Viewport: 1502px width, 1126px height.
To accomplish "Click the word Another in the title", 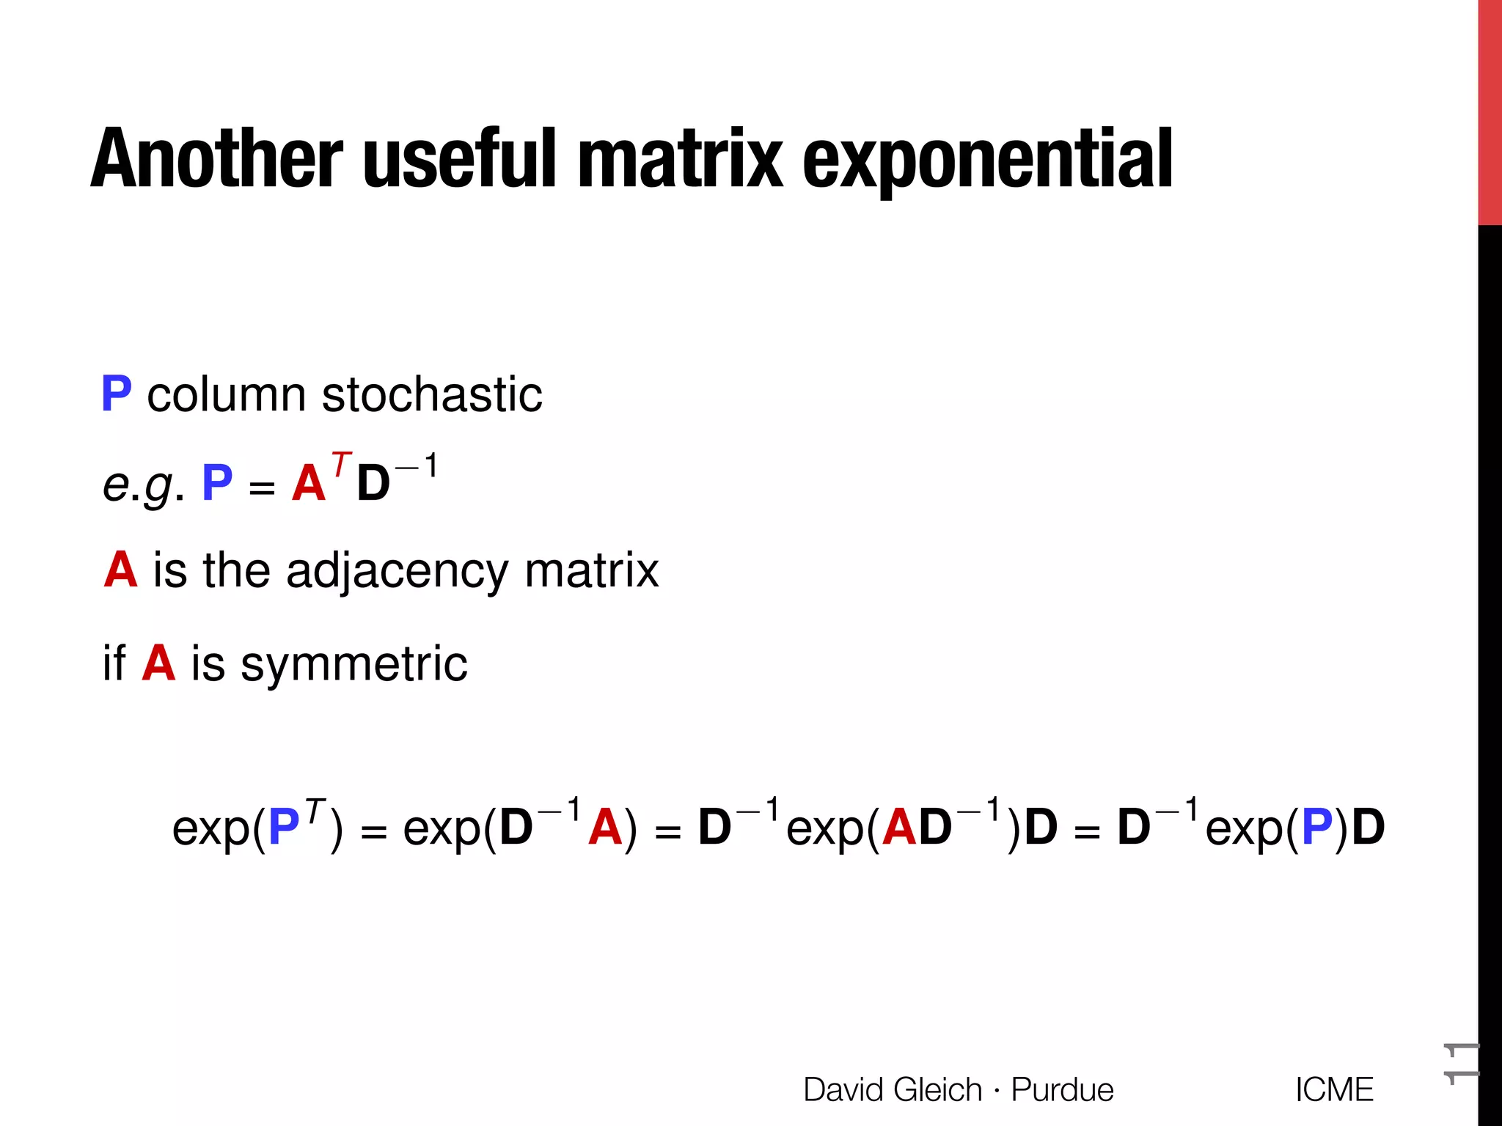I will (x=217, y=159).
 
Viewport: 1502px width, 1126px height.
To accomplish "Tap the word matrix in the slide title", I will (x=681, y=159).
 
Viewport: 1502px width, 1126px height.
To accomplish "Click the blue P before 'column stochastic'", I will (x=117, y=394).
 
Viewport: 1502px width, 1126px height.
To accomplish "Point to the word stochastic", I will (x=432, y=394).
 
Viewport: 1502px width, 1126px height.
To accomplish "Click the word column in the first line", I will (x=226, y=394).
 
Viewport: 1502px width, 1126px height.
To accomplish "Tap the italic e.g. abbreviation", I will (x=144, y=485).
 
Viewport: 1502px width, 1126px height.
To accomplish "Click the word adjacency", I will (x=396, y=571).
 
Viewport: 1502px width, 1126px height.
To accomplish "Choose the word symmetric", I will (x=354, y=664).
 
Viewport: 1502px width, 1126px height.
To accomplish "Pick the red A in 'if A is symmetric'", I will (x=158, y=663).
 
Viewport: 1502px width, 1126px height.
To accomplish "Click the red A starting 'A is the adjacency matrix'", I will (x=121, y=570).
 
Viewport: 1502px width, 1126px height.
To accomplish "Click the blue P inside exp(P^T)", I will (x=285, y=828).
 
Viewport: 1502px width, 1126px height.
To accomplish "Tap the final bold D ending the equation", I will (x=1368, y=828).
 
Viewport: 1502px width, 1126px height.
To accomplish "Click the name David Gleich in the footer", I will (x=893, y=1089).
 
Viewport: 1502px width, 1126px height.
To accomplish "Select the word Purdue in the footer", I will (x=1062, y=1089).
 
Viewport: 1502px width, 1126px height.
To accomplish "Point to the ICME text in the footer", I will (x=1334, y=1089).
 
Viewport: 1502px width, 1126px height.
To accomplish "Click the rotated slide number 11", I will (x=1461, y=1061).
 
